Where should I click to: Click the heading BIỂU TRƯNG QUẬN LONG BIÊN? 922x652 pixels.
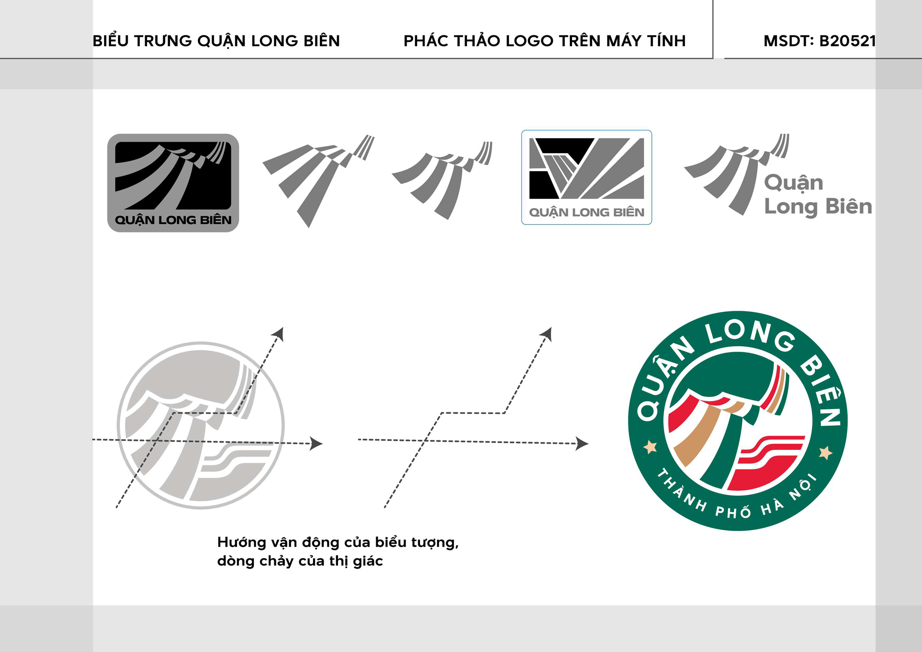(216, 41)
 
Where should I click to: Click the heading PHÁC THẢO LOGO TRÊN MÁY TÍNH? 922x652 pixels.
(544, 41)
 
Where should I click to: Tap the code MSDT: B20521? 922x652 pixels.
(820, 41)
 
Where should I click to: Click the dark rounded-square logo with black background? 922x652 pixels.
(173, 183)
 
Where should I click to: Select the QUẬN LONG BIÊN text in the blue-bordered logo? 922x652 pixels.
(586, 212)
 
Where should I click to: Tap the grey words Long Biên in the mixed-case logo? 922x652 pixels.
(818, 207)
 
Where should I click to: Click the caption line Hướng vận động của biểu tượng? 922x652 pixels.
(338, 543)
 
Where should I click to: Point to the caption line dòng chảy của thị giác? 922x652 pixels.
(300, 561)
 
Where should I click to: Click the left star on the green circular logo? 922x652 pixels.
(650, 447)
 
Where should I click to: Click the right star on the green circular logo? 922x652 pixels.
(826, 452)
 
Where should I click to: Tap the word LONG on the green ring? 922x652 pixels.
(751, 335)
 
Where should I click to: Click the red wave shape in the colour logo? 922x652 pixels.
(768, 461)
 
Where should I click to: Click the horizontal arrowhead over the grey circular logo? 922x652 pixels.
(316, 444)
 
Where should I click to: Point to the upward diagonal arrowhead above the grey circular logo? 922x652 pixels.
(278, 334)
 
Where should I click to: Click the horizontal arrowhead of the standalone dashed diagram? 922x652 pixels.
(582, 444)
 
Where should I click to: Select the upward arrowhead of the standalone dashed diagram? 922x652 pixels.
(546, 334)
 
